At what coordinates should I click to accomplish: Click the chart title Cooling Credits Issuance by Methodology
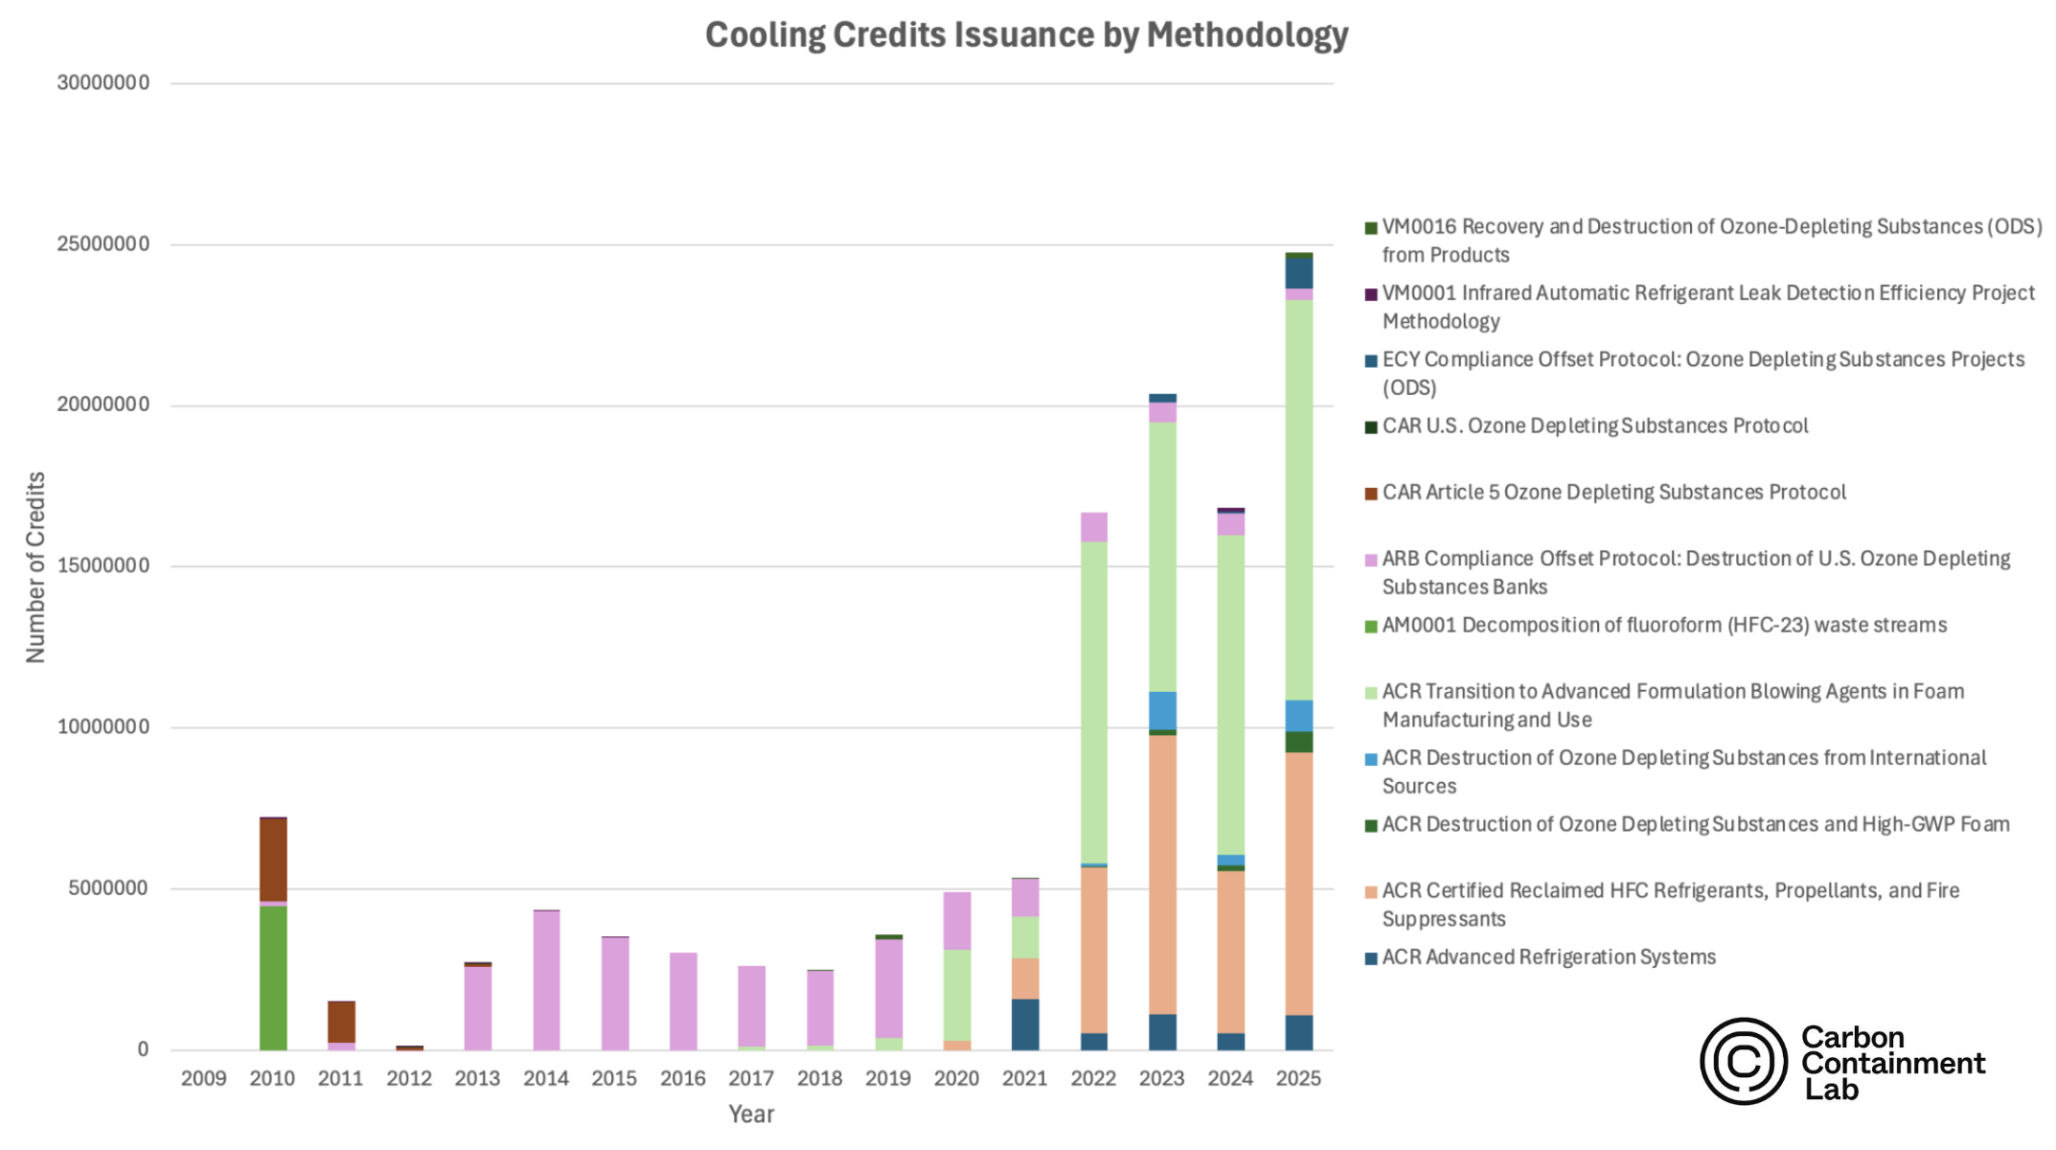1026,35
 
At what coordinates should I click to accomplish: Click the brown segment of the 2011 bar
341,1022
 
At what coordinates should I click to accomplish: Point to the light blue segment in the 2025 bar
1298,716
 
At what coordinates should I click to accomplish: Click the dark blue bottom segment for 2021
1025,1024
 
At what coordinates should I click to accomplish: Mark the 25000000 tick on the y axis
103,244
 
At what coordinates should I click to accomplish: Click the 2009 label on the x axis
204,1079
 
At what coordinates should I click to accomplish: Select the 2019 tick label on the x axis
888,1079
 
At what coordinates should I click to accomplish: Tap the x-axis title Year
751,1115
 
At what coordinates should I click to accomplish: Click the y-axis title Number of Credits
35,567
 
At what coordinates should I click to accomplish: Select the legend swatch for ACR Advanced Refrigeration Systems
1371,958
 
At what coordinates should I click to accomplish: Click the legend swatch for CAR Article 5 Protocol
1371,494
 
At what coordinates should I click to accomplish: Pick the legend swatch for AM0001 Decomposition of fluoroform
1371,627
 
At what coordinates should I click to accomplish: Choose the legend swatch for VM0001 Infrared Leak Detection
1371,294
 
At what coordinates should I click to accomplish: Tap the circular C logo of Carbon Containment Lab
1743,1061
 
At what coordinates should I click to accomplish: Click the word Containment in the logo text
1892,1064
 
